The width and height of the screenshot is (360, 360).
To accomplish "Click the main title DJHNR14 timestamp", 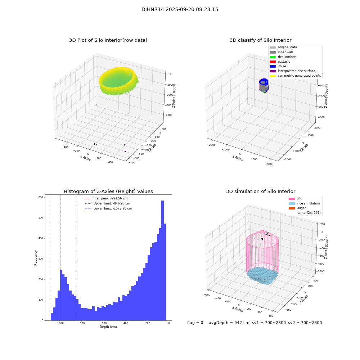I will [180, 10].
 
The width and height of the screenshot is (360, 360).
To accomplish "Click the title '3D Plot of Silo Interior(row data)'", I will [108, 40].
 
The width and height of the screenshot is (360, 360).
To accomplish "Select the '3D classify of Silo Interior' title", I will [260, 40].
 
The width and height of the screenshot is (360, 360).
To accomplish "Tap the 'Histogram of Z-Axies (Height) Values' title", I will [108, 192].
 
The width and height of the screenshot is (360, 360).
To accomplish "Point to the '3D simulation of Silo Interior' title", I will [260, 192].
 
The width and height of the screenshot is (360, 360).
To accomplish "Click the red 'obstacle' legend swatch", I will [273, 62].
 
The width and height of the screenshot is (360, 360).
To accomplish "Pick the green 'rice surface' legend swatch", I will [273, 57].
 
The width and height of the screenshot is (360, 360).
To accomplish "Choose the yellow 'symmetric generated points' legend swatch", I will [273, 76].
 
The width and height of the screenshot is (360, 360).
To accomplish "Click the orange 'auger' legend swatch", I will [291, 208].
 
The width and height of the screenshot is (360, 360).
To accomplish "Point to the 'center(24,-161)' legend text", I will [309, 213].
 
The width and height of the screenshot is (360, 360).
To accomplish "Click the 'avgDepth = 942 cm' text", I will [229, 323].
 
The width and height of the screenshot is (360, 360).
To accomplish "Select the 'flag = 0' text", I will [195, 323].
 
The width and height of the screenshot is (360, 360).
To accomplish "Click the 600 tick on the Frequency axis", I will [41, 197].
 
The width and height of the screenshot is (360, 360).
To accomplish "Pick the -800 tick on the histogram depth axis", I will [82, 323].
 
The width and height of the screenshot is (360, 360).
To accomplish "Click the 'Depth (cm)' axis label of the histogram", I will [108, 327].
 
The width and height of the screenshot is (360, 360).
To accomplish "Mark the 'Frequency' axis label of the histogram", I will [36, 257].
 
